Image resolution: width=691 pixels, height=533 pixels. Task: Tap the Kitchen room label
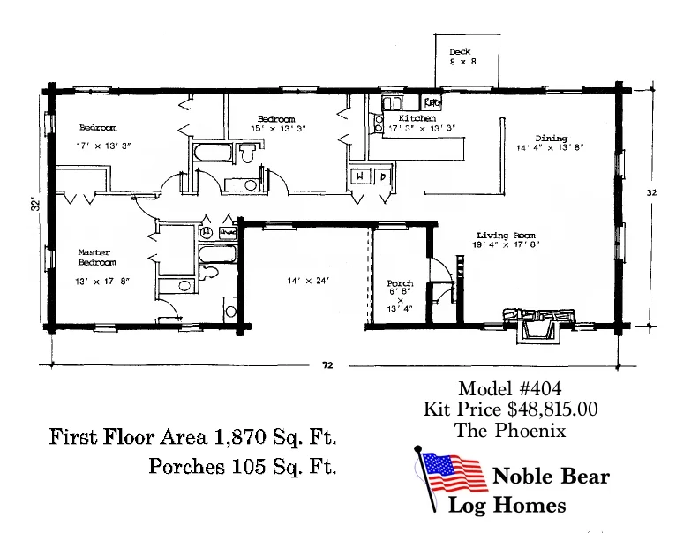pos(417,118)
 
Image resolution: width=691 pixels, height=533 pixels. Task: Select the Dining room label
pos(551,139)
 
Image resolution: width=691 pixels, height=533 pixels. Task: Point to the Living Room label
pos(506,236)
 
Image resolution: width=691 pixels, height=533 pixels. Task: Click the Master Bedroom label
pos(94,258)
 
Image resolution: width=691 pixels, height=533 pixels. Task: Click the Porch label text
pos(400,284)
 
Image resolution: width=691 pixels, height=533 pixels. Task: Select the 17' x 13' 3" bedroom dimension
pos(103,145)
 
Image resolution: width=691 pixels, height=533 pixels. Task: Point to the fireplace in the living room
pos(538,321)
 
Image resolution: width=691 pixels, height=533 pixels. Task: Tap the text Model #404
pos(509,389)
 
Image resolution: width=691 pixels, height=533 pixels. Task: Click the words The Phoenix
pos(509,431)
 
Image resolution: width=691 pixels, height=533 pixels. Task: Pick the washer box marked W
pos(360,176)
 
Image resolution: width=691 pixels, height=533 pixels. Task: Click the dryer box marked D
pos(382,176)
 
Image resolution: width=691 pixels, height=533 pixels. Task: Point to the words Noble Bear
pos(551,477)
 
